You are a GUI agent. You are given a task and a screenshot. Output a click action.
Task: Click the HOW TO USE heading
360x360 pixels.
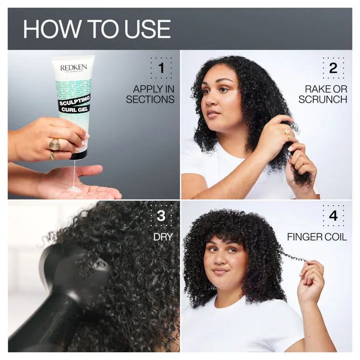pos(97,29)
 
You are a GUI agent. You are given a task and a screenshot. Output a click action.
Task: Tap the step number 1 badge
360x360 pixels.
pos(161,69)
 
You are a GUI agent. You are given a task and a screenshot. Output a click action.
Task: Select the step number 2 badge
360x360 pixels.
pos(333,69)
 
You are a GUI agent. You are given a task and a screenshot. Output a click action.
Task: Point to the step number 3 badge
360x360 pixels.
pos(161,215)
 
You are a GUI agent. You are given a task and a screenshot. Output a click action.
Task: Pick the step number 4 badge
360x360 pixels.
pos(333,215)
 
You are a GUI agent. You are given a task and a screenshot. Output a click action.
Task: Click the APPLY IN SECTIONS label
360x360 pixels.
pos(150,94)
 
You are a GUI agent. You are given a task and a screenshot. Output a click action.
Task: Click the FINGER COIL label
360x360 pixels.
pos(317,237)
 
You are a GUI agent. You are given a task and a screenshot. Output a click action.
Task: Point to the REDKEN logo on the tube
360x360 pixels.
pos(73,68)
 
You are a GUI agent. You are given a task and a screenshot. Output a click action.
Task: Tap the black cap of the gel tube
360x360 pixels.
pos(77,154)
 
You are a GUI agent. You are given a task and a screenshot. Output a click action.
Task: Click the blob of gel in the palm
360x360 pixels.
pos(74,188)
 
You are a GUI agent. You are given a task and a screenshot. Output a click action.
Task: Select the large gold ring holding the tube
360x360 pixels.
pos(55,144)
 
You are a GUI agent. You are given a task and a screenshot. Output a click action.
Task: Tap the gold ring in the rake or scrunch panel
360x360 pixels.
pos(287,134)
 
